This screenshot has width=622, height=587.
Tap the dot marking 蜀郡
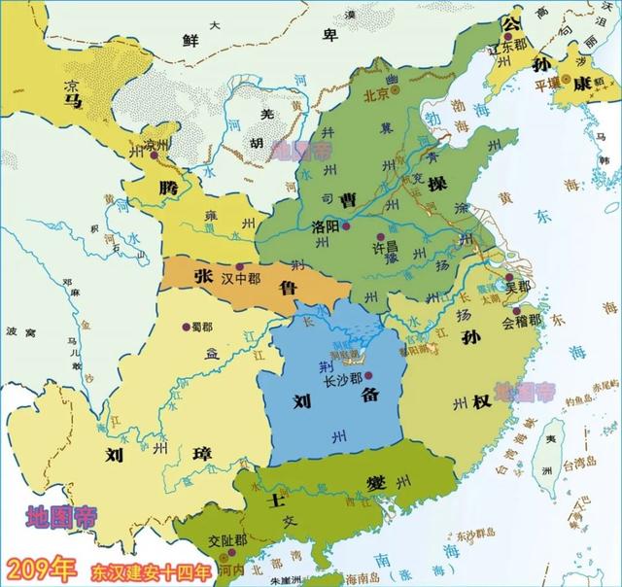[185, 324]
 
